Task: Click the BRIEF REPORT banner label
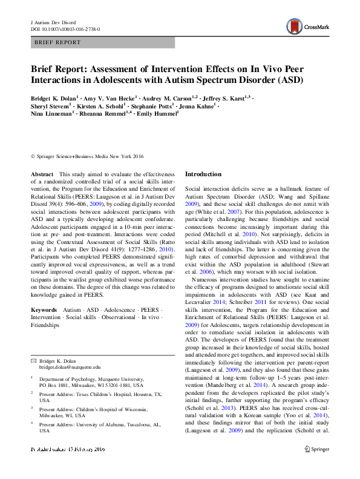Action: click(x=57, y=42)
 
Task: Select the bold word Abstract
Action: click(x=42, y=174)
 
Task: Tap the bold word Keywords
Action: click(x=44, y=309)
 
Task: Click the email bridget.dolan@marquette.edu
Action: click(x=70, y=367)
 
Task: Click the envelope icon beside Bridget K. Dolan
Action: click(x=34, y=360)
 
